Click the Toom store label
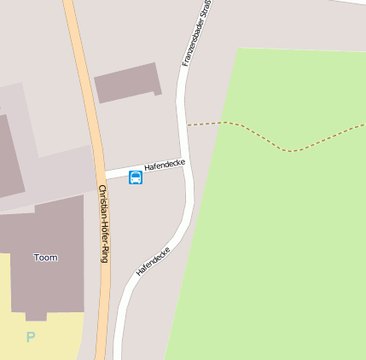point(45,257)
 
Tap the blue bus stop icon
point(136,177)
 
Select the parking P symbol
point(31,337)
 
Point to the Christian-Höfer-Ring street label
point(103,224)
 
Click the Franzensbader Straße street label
point(197,34)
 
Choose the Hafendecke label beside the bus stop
point(164,164)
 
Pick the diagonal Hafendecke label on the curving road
point(154,261)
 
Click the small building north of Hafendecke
point(128,82)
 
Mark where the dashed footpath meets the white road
point(187,125)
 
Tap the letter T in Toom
point(37,257)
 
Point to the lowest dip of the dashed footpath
point(291,151)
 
